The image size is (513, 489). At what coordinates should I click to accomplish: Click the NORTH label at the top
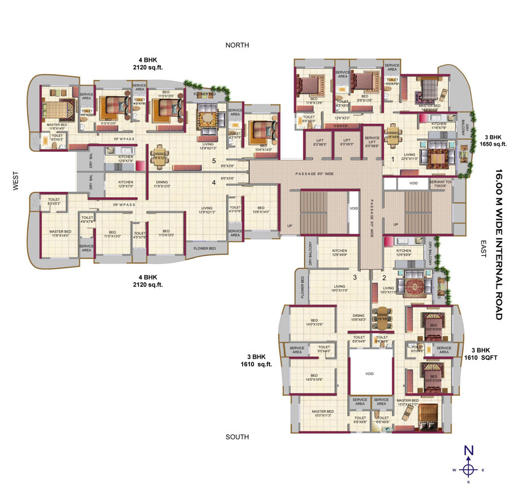(x=237, y=45)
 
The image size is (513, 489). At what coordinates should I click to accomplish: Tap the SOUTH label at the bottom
(x=237, y=437)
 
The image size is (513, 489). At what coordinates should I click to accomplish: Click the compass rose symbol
(x=469, y=469)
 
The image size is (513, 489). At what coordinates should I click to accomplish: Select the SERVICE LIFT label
(x=372, y=143)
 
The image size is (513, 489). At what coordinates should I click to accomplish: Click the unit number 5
(x=213, y=161)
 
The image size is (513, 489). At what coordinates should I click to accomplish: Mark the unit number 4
(x=213, y=182)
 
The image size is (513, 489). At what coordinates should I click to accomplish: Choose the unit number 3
(x=355, y=277)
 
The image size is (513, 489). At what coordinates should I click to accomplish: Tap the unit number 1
(x=392, y=160)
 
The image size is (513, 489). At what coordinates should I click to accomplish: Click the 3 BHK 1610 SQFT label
(x=480, y=354)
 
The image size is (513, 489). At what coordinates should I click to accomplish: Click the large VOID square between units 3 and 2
(x=369, y=374)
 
